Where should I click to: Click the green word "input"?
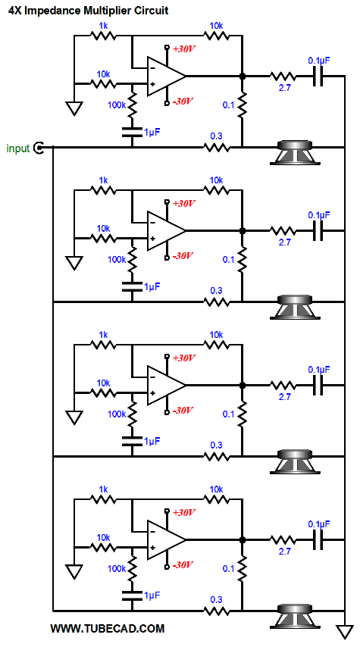click(x=17, y=148)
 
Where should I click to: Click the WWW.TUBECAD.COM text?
click(x=108, y=628)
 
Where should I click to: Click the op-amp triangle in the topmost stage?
click(x=166, y=76)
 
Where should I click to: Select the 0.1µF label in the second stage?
click(x=319, y=214)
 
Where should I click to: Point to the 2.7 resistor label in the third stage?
click(x=284, y=397)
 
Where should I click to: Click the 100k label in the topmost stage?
click(x=116, y=105)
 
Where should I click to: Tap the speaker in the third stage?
click(x=294, y=461)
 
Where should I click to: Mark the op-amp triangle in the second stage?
click(x=166, y=230)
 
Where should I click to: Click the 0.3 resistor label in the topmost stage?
click(x=216, y=136)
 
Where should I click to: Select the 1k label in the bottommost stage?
click(x=103, y=489)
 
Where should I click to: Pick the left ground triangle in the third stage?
click(x=75, y=417)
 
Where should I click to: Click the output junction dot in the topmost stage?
click(x=243, y=76)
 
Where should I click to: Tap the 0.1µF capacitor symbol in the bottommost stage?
click(x=318, y=539)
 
